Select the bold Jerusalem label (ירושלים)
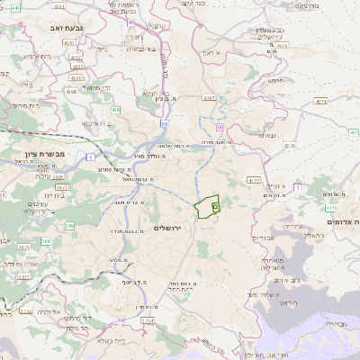(168, 228)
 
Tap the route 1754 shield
(148, 319)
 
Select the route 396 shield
(69, 226)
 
